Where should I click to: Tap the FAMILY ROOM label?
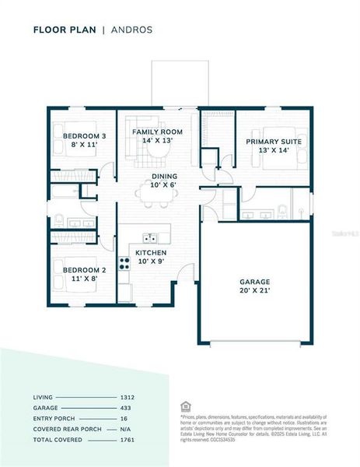coord(156,132)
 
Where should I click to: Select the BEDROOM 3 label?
coord(84,137)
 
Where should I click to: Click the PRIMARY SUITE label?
coord(274,142)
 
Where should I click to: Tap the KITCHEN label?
coord(151,253)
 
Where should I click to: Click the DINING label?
coord(164,177)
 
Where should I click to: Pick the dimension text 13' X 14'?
coord(274,150)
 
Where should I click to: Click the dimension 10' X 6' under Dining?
coord(164,185)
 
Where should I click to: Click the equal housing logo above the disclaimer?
coord(183,406)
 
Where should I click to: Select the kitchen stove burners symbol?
coord(124,262)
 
